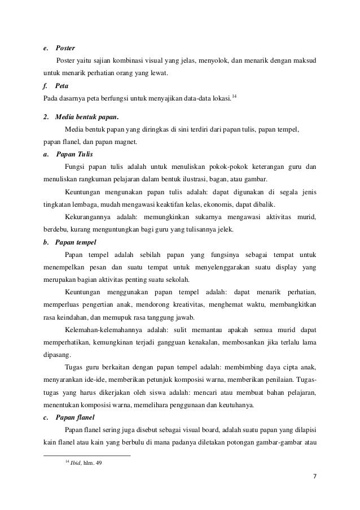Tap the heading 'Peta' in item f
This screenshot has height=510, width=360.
point(62,88)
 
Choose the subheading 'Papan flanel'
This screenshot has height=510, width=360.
point(74,419)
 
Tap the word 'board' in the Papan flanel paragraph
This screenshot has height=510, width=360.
point(202,431)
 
